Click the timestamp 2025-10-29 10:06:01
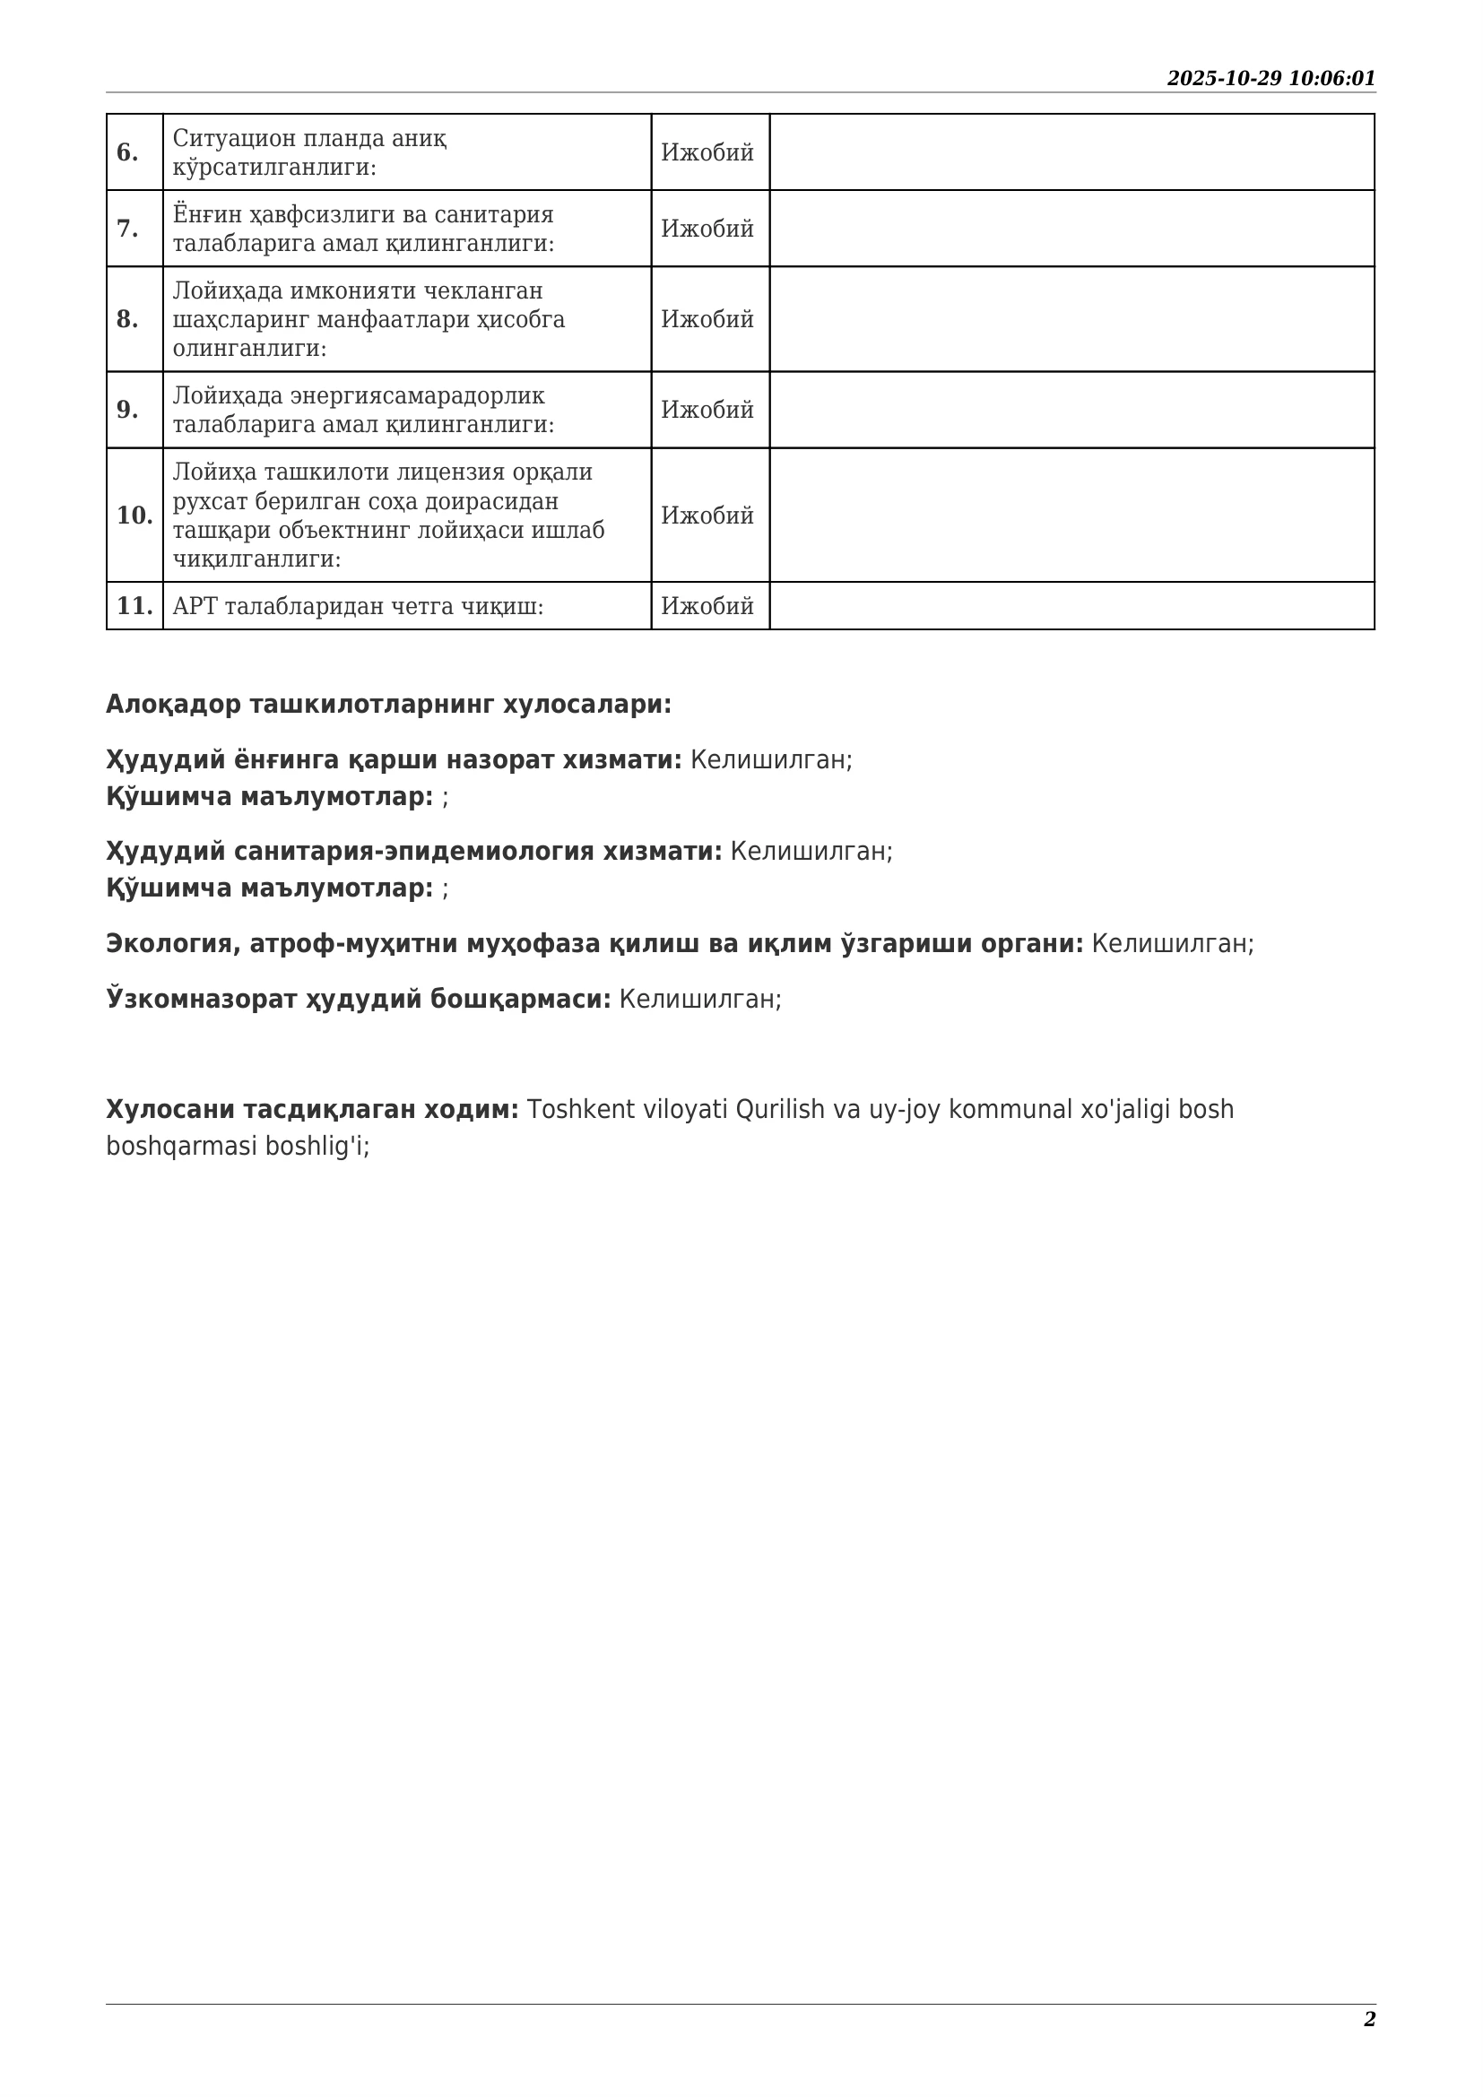[x=1271, y=79]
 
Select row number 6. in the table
[x=128, y=152]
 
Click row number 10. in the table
[x=134, y=516]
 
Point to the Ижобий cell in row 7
[x=707, y=229]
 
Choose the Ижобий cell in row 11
[x=707, y=605]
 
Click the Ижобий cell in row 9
[x=707, y=410]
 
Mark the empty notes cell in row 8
[x=1071, y=319]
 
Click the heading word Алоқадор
[x=174, y=704]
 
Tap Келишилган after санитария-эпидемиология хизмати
[x=811, y=851]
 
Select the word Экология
[x=169, y=943]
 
